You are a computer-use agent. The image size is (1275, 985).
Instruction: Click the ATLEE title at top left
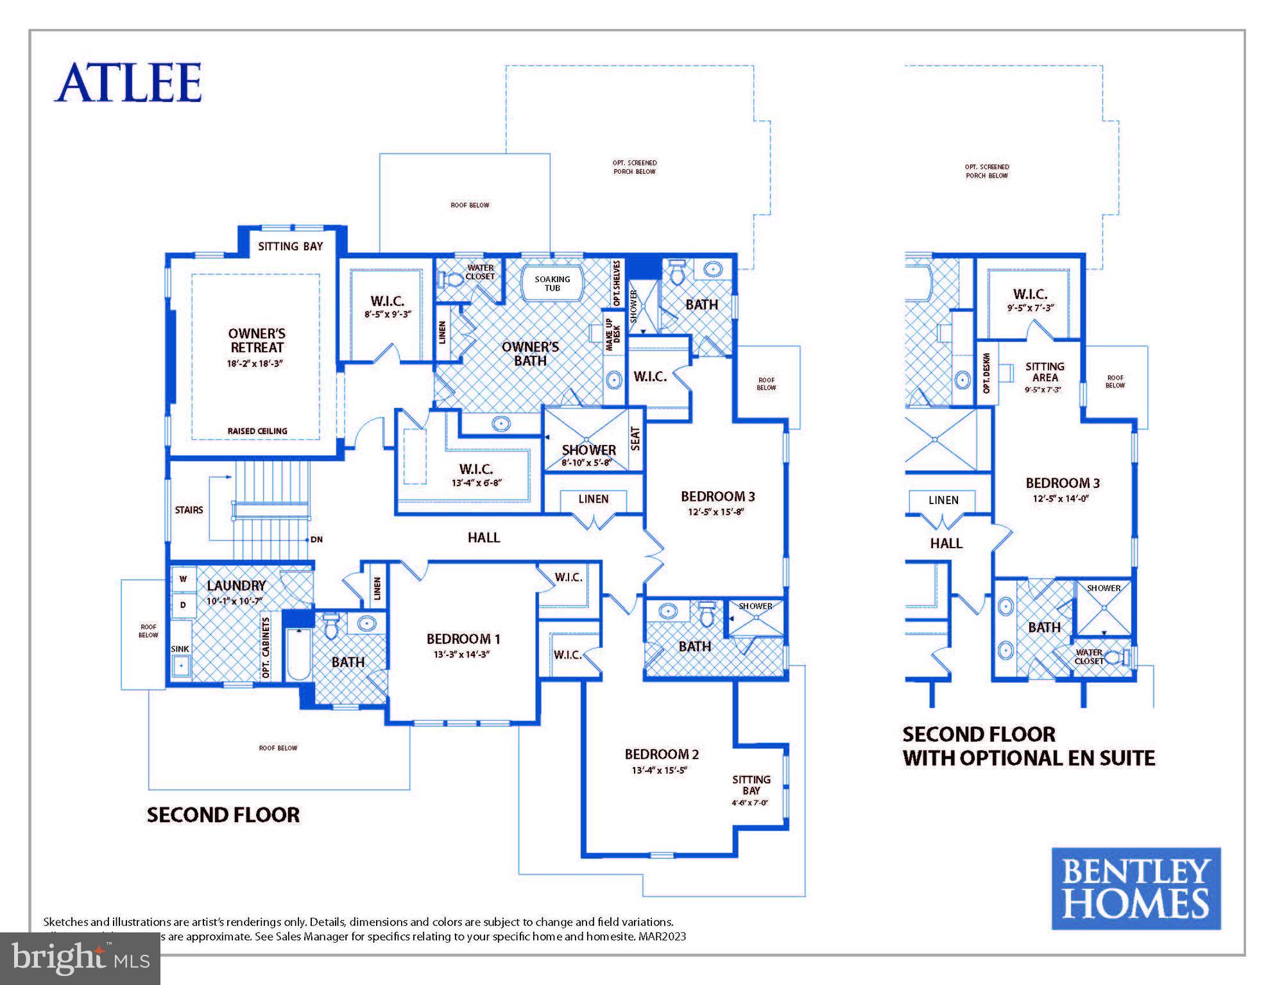128,82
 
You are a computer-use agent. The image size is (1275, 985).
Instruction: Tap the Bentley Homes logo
1135,888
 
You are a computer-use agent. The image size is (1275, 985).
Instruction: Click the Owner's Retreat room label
257,341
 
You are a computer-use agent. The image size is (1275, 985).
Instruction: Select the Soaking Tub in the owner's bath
552,283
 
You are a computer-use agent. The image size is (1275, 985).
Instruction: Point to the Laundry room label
236,585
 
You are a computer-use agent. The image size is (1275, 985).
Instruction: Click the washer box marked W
183,579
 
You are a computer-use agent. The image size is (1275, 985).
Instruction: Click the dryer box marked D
183,605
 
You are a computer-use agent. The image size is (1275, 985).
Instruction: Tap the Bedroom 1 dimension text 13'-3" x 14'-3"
461,655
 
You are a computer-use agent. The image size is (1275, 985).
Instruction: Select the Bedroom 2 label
662,754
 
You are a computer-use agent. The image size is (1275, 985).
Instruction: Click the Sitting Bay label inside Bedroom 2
751,785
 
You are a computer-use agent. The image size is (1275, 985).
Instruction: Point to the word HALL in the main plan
483,537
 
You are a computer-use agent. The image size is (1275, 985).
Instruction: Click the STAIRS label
189,510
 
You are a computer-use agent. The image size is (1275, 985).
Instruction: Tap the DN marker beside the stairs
316,539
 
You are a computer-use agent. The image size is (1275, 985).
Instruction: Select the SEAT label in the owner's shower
635,439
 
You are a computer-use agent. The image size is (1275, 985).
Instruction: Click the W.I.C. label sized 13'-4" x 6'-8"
475,469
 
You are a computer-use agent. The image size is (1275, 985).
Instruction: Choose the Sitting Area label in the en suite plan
1044,372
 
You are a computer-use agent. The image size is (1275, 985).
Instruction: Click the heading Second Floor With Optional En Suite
1028,746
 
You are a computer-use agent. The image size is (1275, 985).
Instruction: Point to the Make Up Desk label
613,334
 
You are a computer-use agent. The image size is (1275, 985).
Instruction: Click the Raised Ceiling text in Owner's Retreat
257,431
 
